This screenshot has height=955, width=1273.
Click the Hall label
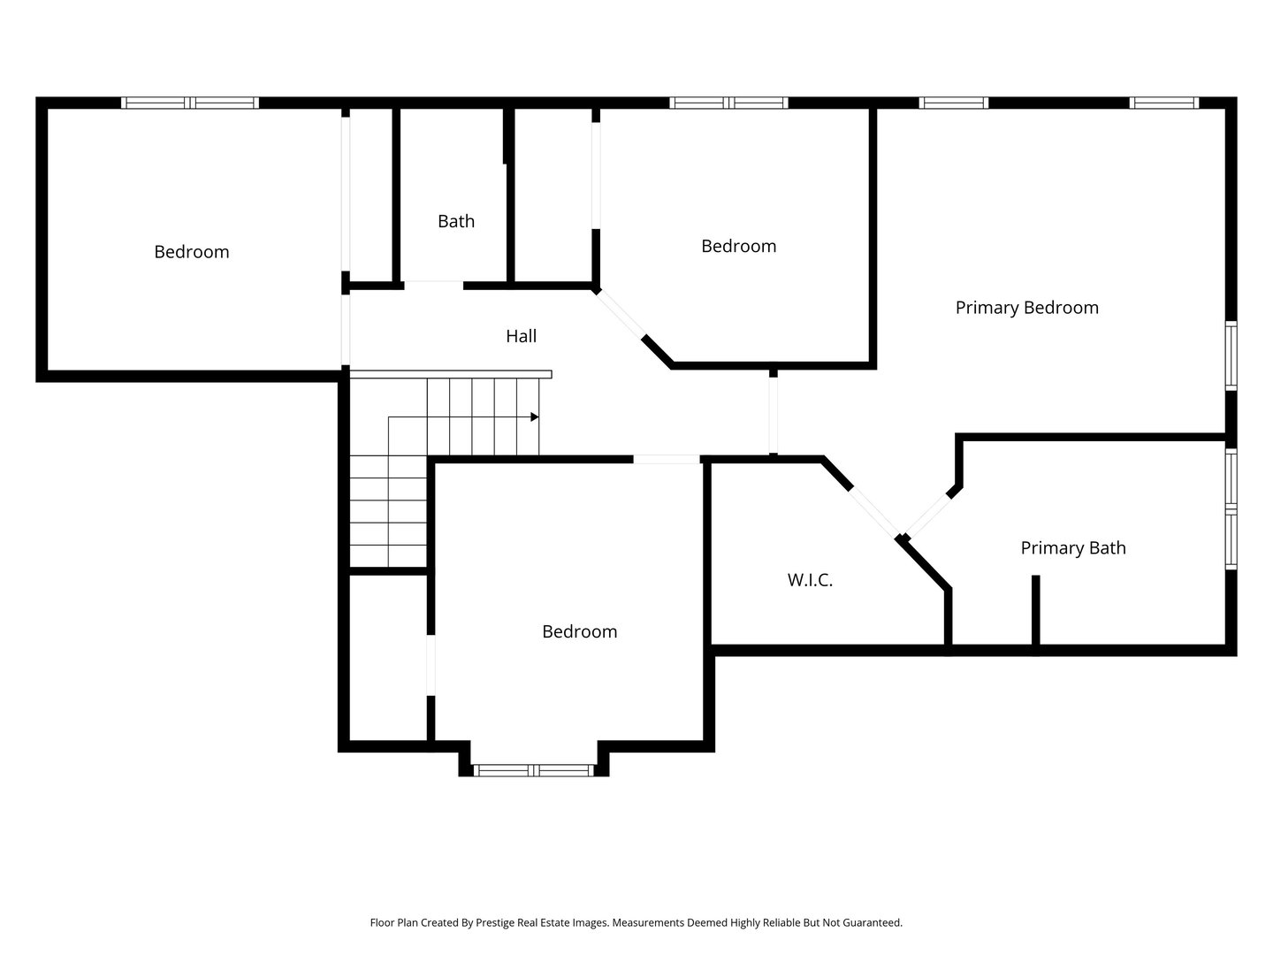[x=520, y=336]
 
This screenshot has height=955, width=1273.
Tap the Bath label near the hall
[x=456, y=221]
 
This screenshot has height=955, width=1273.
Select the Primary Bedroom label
[x=1026, y=308]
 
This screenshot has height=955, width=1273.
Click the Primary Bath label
[x=1073, y=548]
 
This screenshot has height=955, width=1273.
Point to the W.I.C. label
[x=810, y=580]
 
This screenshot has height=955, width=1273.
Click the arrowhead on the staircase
[x=535, y=416]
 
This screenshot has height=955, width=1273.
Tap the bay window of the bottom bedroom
[x=534, y=770]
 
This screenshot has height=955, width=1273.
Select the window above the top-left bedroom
[x=190, y=103]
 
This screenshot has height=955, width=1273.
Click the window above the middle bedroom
[x=728, y=103]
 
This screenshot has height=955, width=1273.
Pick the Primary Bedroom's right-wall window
[x=1231, y=355]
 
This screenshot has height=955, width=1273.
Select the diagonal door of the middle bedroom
[x=620, y=313]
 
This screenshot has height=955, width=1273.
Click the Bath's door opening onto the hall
[x=433, y=286]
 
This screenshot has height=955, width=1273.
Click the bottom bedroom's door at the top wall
[x=667, y=459]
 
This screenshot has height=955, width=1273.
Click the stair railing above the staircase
[x=451, y=374]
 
